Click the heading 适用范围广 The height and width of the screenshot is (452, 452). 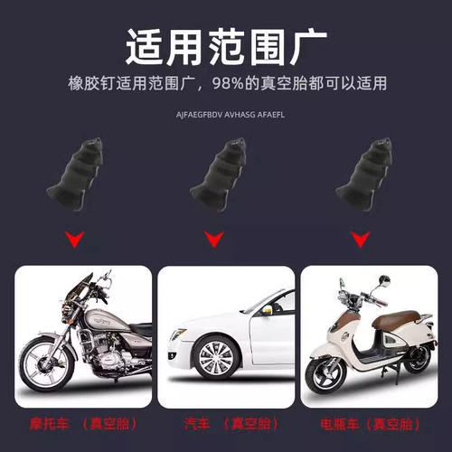click(x=226, y=47)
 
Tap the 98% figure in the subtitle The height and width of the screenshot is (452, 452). click(x=228, y=83)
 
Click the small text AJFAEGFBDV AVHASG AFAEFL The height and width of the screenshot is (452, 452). click(x=231, y=115)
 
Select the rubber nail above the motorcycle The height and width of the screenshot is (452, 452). click(x=75, y=174)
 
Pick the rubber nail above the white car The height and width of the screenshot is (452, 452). click(x=218, y=174)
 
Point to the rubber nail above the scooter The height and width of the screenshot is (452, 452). click(x=364, y=174)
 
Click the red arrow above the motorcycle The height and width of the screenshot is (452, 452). click(x=74, y=240)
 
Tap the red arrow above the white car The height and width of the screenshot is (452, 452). click(x=214, y=240)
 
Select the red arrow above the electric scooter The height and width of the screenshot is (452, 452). click(x=361, y=240)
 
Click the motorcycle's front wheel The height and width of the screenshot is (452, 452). click(x=46, y=364)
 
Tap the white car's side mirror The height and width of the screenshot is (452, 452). click(x=267, y=310)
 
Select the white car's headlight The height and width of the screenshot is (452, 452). click(x=178, y=334)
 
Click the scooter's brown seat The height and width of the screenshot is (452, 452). click(x=395, y=319)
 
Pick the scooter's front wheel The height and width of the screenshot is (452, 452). click(x=325, y=377)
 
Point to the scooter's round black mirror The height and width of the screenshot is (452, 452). click(x=384, y=280)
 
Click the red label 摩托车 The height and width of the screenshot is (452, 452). click(x=49, y=424)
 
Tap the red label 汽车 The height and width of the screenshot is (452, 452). click(x=197, y=424)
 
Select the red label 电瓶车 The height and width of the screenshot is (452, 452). click(x=340, y=425)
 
